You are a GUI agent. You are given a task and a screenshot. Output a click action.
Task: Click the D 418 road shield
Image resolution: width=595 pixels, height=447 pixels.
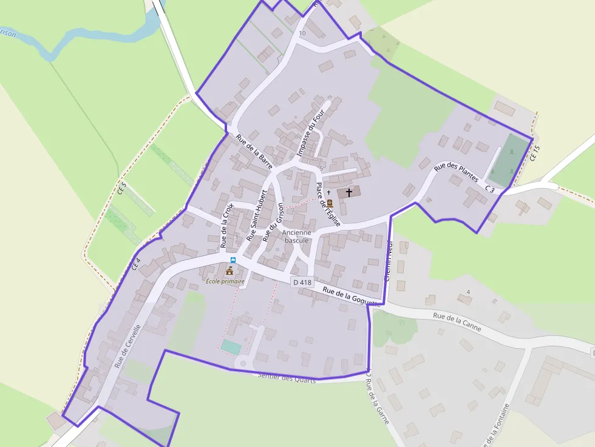302,282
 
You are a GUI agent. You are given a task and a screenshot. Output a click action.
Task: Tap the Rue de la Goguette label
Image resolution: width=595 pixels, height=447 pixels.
351,296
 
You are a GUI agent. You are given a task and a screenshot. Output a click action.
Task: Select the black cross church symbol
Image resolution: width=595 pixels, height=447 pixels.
349,192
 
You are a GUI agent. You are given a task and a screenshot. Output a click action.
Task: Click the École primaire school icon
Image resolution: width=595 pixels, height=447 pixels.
230,270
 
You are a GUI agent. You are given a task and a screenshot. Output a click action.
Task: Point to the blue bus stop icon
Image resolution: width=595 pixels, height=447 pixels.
233,260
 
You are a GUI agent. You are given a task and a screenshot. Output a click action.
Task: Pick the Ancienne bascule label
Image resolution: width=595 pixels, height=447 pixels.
297,236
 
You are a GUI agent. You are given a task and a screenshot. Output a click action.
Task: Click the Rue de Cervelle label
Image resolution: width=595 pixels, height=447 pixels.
127,346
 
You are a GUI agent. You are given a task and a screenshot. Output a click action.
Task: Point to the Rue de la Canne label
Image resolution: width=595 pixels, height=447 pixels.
457,322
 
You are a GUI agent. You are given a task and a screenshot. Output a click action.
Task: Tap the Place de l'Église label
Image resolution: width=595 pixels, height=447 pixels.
325,205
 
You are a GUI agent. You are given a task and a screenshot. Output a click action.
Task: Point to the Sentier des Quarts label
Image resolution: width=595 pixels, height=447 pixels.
287,378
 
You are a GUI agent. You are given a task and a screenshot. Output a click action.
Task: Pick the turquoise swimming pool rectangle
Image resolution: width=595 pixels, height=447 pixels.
231,346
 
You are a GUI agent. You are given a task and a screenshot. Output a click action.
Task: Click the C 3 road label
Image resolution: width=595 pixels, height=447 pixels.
490,190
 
